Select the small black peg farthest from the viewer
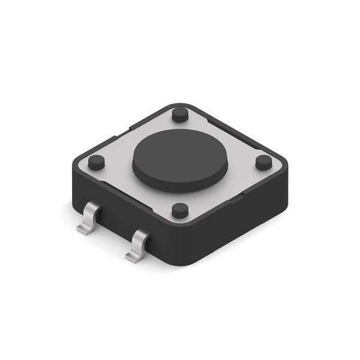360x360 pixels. [x=179, y=114]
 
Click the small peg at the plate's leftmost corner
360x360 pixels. [x=96, y=162]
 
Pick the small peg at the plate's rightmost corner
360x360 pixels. [x=263, y=162]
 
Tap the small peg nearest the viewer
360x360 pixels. [x=180, y=210]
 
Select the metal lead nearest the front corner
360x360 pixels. [x=139, y=243]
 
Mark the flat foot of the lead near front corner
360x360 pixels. [x=133, y=257]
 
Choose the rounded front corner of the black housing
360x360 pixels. [x=180, y=252]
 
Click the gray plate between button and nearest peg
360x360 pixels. [x=180, y=196]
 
